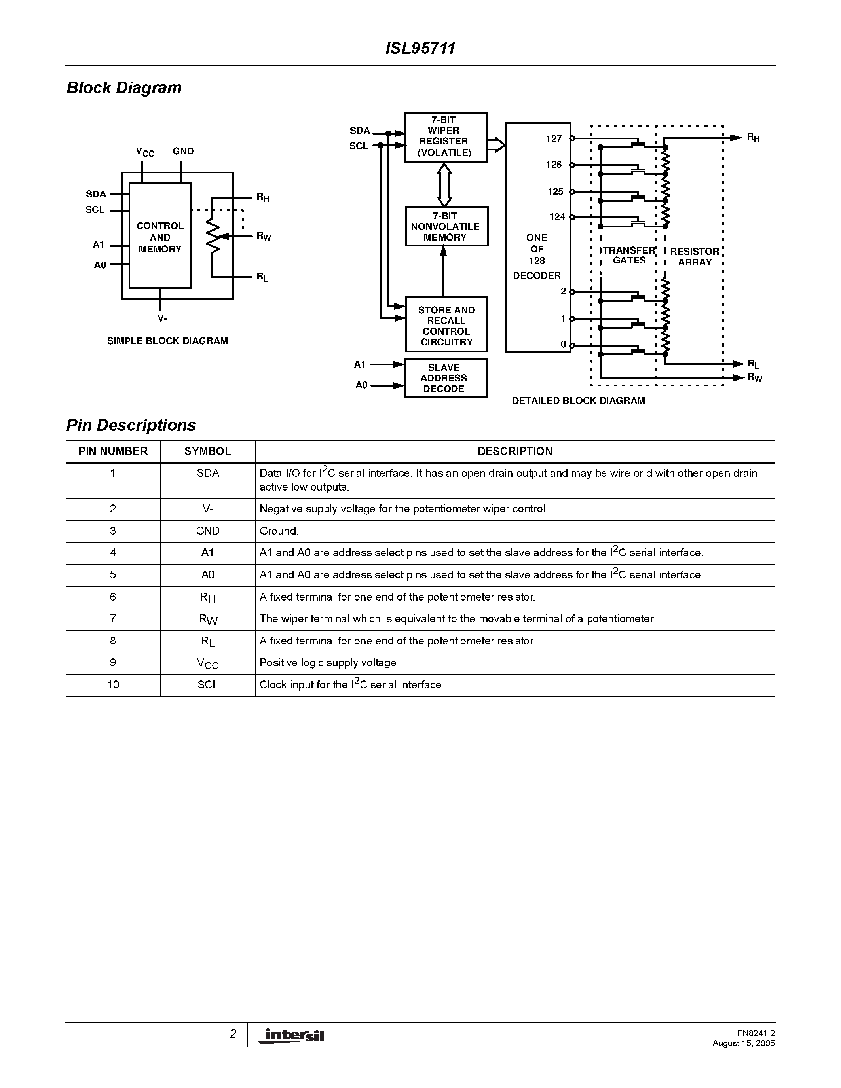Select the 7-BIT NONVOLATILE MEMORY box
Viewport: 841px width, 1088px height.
click(x=446, y=227)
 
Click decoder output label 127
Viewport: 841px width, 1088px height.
click(x=554, y=139)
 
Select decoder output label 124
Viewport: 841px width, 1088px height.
click(x=557, y=217)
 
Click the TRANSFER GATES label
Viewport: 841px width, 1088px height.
click(x=629, y=256)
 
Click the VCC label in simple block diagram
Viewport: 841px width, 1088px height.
click(x=145, y=152)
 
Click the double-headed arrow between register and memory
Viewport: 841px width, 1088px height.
click(x=444, y=185)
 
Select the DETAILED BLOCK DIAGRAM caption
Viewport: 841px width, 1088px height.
click(x=579, y=401)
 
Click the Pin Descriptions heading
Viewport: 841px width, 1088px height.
click(x=131, y=425)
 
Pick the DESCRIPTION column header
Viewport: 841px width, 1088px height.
click(x=514, y=451)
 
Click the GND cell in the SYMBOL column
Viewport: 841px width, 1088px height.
click(x=208, y=531)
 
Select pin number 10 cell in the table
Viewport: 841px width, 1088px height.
click(x=113, y=685)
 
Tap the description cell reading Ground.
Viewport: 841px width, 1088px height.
click(x=279, y=531)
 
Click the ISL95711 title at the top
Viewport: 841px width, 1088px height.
click(x=420, y=48)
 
